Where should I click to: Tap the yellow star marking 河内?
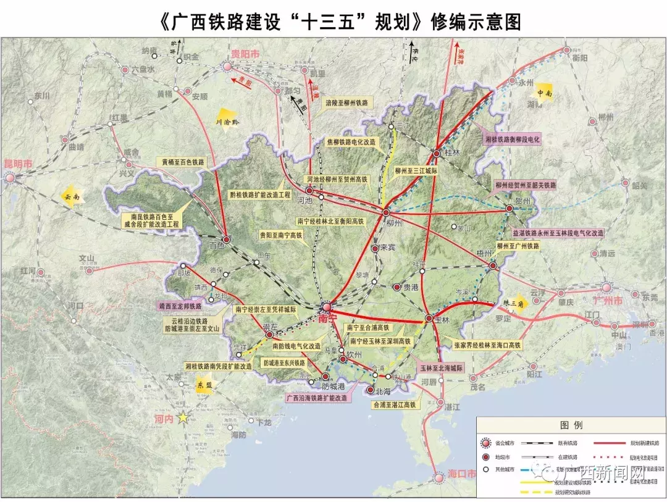click(x=183, y=418)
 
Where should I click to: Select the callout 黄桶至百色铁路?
click(x=183, y=162)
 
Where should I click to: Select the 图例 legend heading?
click(x=571, y=425)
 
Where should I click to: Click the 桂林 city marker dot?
click(x=437, y=153)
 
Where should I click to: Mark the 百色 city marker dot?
click(x=227, y=240)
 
